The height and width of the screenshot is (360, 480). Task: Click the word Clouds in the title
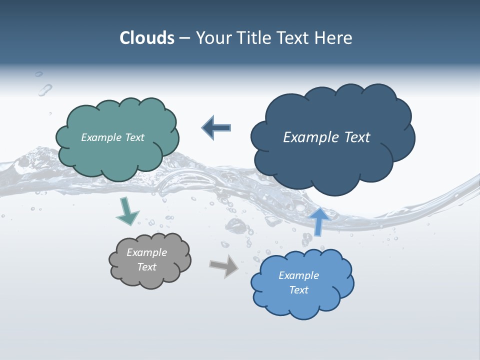click(x=146, y=38)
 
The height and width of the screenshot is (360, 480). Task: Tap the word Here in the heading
click(x=334, y=38)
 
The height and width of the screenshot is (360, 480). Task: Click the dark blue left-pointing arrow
click(x=217, y=127)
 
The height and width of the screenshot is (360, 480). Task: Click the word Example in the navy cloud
click(x=312, y=137)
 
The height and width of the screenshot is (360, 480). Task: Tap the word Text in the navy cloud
click(x=357, y=137)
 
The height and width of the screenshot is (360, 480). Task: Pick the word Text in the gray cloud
click(x=146, y=267)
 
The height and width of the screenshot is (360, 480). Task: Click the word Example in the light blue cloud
click(x=298, y=275)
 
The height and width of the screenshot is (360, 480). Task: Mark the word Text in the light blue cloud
click(x=298, y=290)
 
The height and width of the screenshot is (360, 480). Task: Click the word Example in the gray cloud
click(x=146, y=252)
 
